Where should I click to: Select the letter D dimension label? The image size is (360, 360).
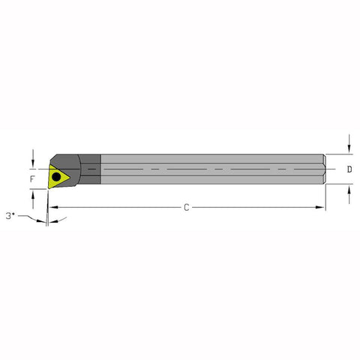point(350,169)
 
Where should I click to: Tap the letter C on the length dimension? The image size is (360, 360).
point(187,207)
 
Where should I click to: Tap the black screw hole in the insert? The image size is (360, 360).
point(57,176)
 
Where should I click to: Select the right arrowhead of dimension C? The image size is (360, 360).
point(322,207)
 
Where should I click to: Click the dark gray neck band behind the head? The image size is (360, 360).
point(91,169)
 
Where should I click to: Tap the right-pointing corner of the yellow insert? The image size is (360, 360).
point(71,174)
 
